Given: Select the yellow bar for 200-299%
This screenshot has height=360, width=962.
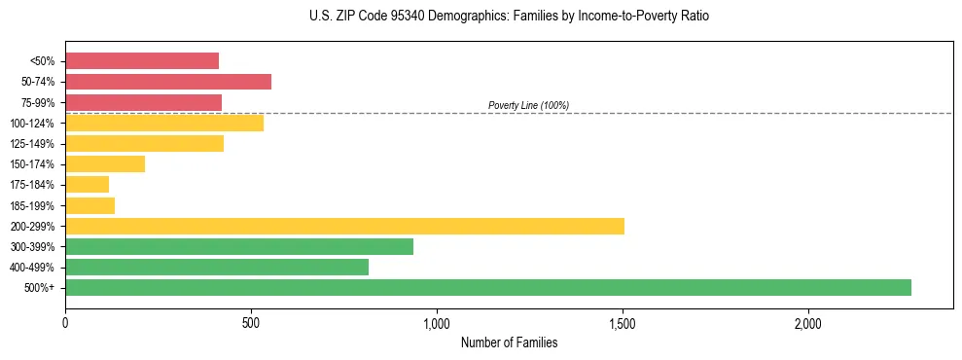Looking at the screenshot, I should click(344, 226).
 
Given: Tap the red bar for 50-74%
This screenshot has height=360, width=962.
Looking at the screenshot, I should click(168, 82).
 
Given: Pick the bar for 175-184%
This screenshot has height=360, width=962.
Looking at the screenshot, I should click(88, 185).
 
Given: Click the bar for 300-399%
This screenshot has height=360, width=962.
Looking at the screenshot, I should click(239, 246).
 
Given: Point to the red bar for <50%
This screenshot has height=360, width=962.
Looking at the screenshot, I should click(142, 61).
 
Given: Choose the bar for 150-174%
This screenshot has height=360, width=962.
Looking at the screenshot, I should click(105, 164).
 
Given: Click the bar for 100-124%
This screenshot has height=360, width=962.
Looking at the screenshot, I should click(164, 123).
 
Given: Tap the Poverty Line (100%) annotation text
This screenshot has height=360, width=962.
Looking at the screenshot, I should click(528, 105).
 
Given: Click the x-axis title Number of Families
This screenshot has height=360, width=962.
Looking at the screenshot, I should click(509, 342).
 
